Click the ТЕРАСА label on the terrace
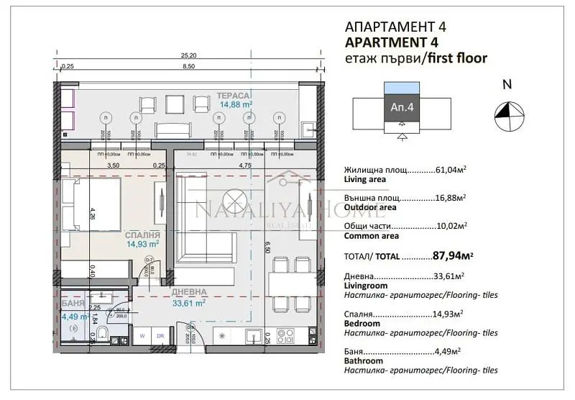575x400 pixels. tap(234, 95)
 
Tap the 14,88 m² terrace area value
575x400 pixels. tap(235, 104)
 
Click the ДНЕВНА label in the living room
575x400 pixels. tap(190, 293)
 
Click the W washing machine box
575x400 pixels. tap(143, 335)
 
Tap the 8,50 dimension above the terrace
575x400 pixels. tap(189, 66)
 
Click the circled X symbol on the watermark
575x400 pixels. tap(234, 199)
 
